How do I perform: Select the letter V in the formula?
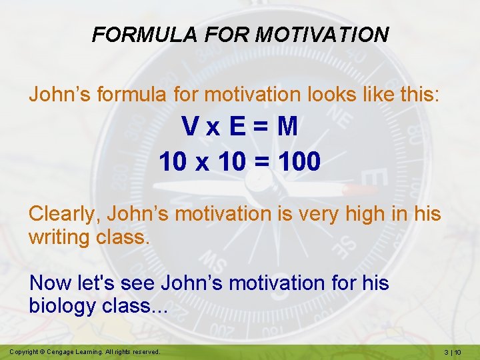[x=190, y=127]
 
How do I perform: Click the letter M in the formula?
[x=287, y=127]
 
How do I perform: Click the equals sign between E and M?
[x=262, y=127]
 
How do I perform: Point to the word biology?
[x=63, y=306]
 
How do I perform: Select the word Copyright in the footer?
[x=25, y=351]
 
